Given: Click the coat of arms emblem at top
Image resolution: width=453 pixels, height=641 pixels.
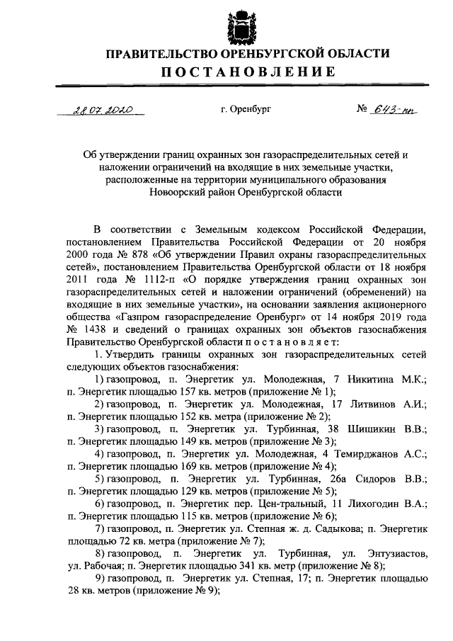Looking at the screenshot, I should click(x=239, y=26).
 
